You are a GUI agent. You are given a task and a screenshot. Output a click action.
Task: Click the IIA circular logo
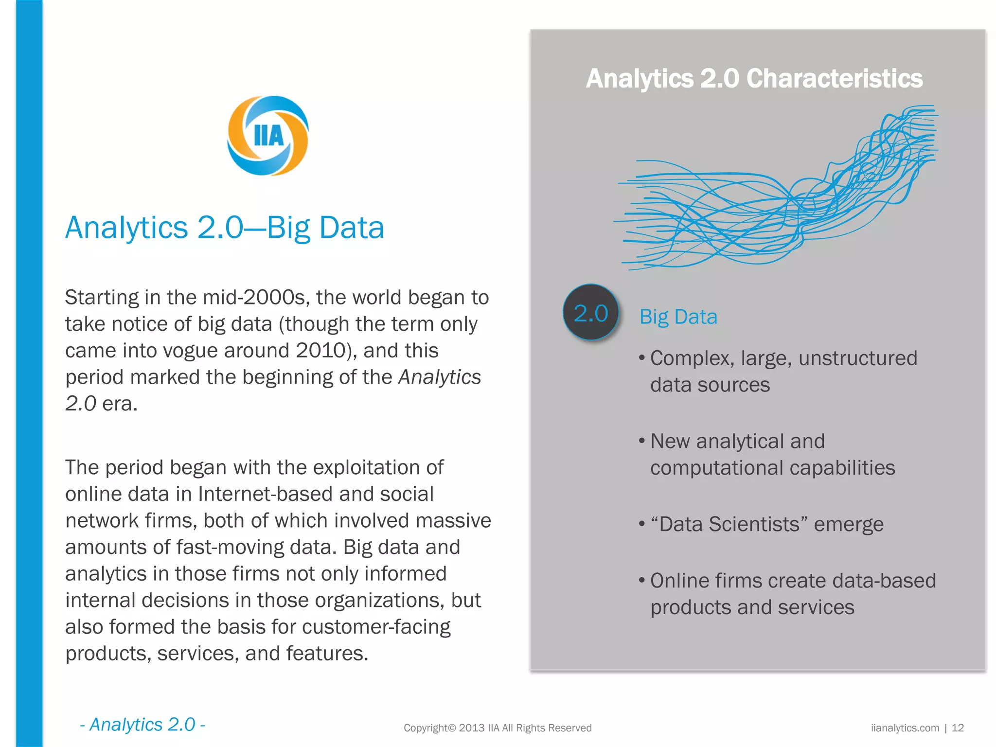click(268, 136)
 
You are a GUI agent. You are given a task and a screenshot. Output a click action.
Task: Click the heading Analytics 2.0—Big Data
click(225, 228)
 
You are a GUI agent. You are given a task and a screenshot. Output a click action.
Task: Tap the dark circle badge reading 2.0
click(590, 313)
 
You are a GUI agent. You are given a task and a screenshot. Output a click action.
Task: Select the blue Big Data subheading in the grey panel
click(678, 317)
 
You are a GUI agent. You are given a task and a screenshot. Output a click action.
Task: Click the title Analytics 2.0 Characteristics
click(754, 78)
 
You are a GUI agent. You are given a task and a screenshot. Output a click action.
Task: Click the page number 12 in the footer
click(958, 728)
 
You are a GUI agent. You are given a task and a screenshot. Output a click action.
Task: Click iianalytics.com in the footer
click(905, 728)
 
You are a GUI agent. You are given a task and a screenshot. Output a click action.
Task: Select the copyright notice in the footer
click(498, 728)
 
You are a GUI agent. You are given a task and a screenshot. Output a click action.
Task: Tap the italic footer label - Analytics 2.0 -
click(142, 725)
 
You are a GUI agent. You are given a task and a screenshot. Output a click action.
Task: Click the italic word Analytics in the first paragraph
click(440, 377)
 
